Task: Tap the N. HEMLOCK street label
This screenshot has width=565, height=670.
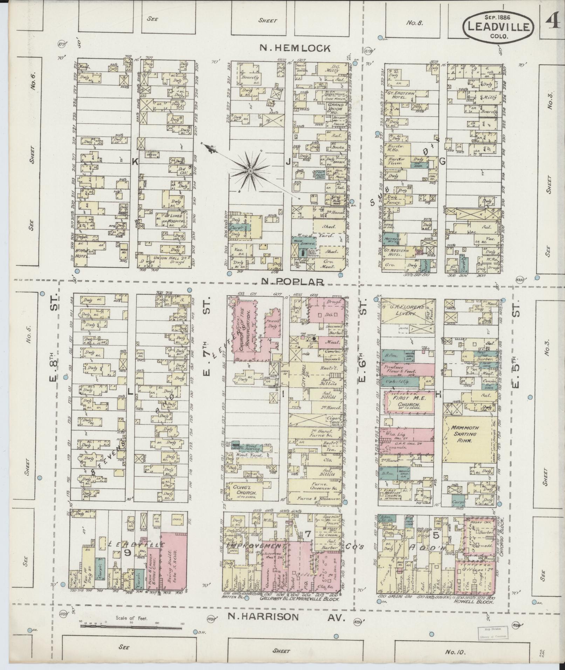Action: point(295,48)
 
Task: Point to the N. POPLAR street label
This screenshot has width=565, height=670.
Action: point(292,282)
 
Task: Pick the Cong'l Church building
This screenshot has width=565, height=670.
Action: point(242,490)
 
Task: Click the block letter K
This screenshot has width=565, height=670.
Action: point(134,161)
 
